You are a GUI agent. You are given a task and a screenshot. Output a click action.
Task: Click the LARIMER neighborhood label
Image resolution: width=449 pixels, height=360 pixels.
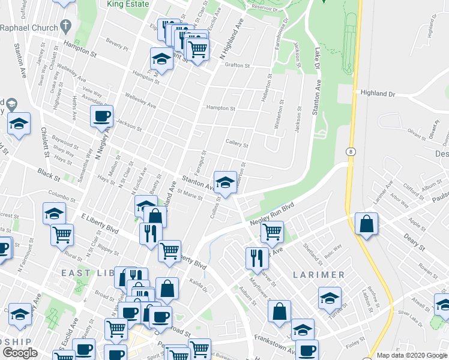click(319, 275)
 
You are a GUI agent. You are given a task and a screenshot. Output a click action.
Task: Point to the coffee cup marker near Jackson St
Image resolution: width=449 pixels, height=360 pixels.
click(101, 115)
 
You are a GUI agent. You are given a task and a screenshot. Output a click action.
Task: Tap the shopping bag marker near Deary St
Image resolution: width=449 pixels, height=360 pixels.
click(366, 224)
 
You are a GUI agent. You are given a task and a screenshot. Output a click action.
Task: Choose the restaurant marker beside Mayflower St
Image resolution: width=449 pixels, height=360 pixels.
click(257, 257)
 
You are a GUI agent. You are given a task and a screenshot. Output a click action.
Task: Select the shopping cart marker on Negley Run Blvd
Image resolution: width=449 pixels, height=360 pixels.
click(273, 230)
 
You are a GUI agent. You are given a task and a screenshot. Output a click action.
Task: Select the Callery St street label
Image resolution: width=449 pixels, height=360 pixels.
click(237, 144)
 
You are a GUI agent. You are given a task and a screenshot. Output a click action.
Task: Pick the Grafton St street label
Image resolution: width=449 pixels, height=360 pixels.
click(238, 65)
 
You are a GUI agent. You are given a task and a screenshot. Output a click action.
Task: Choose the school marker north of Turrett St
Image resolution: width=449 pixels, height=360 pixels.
click(330, 298)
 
